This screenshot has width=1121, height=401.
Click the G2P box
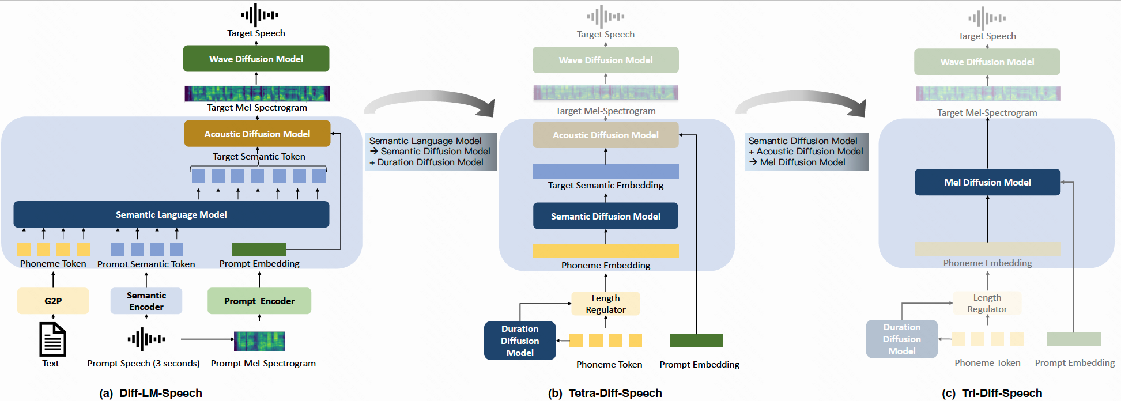coord(53,301)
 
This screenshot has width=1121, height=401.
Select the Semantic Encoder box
coord(146,301)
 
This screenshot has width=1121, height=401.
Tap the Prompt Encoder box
coord(259,301)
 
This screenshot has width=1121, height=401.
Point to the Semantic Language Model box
coord(171,214)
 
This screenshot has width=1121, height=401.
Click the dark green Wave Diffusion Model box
coord(256,59)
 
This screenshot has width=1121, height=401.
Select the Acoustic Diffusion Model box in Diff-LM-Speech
coord(257,134)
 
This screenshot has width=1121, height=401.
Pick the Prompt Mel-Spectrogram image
coord(259,341)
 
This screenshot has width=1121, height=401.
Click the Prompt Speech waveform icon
coord(146,339)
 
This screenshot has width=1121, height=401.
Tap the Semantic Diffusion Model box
coord(605,216)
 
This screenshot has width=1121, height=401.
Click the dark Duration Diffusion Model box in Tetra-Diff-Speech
coord(520,341)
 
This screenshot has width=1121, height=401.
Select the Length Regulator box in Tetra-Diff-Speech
coord(605,304)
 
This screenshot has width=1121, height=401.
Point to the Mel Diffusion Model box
coord(987,182)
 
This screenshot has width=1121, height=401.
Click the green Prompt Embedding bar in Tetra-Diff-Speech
coord(696,341)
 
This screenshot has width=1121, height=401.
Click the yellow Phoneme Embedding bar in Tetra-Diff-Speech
coord(605,251)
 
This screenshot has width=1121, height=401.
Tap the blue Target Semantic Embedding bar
coord(605,171)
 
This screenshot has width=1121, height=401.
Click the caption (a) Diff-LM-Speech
coord(151,393)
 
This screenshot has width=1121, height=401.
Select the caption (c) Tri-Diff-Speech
coord(992,393)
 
